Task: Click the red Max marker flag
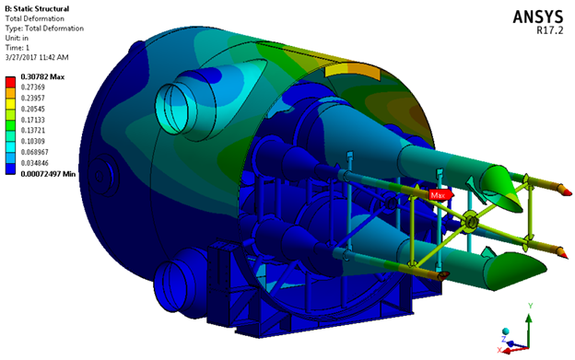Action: [440, 195]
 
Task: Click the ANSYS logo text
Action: [537, 17]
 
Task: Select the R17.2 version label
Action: [549, 30]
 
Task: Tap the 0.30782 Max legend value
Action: [42, 76]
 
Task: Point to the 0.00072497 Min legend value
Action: [48, 174]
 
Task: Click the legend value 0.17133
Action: [32, 120]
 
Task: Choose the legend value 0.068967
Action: [34, 152]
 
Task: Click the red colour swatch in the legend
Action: [10, 82]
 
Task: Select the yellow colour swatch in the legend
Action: [10, 104]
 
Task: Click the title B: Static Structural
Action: [37, 8]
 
